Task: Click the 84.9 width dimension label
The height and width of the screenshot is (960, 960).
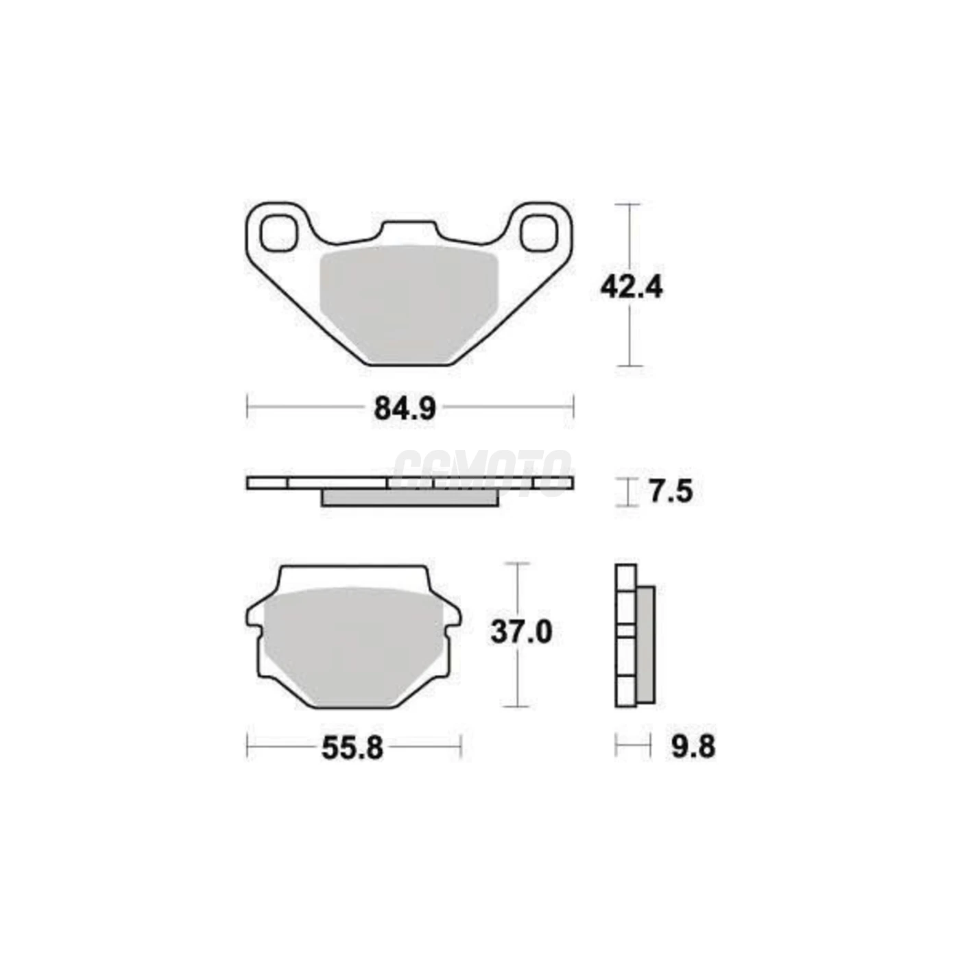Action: [x=405, y=409]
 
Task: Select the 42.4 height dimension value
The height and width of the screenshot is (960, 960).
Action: [x=631, y=287]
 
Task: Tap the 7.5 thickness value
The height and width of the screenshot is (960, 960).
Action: [x=671, y=492]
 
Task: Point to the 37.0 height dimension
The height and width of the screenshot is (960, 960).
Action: [x=521, y=632]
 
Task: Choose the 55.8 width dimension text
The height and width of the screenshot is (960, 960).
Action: [x=352, y=749]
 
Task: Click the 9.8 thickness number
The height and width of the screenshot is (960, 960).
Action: [x=693, y=747]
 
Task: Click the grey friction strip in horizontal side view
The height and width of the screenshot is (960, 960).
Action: [x=409, y=498]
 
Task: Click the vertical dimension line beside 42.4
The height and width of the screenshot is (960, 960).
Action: [x=629, y=329]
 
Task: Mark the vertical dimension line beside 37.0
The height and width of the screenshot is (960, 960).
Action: [x=517, y=679]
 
